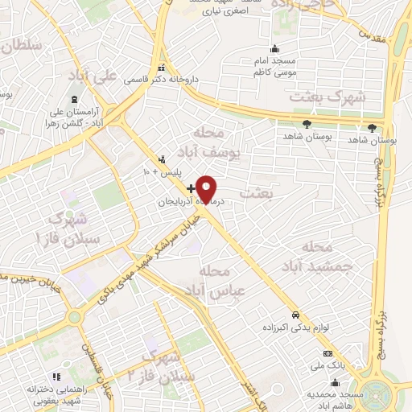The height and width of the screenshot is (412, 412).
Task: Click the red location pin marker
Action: click(x=208, y=188)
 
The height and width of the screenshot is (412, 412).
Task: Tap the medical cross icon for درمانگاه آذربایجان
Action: click(x=190, y=187)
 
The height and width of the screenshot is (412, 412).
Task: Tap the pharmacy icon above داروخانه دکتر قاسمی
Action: click(x=162, y=68)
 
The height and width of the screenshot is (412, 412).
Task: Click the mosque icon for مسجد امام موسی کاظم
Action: click(x=275, y=48)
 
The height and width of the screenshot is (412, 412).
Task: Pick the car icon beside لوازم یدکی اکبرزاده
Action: click(x=296, y=314)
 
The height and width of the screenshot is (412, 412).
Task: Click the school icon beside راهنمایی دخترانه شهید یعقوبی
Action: click(x=56, y=376)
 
